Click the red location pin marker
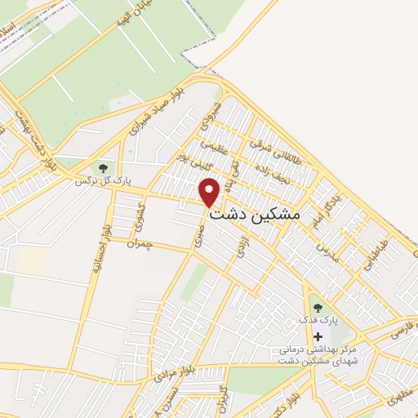click(210, 192)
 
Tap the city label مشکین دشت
click(256, 215)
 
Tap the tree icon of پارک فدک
click(318, 308)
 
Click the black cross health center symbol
click(318, 336)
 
